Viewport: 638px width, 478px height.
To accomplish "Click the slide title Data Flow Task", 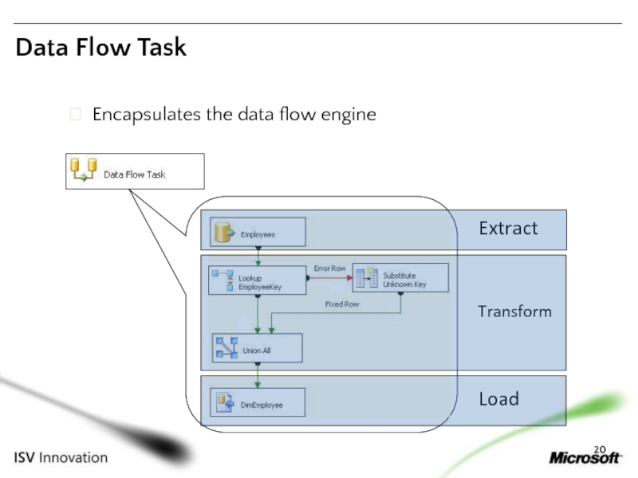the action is click(101, 47).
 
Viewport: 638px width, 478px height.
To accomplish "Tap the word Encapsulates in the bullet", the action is click(147, 115).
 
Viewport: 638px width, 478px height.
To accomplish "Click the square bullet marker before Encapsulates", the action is click(75, 114).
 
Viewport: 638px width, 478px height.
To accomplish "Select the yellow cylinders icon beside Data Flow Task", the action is click(84, 170).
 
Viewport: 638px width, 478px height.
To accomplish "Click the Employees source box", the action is click(258, 232).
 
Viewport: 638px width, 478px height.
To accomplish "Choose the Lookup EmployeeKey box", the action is click(258, 280).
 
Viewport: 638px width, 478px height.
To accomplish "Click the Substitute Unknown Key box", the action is click(401, 277).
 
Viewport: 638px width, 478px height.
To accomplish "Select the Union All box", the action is click(258, 348).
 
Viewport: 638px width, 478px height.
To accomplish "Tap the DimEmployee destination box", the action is click(258, 402).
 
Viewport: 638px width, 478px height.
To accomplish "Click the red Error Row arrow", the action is click(330, 277).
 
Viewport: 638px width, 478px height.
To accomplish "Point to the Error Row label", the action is click(329, 268).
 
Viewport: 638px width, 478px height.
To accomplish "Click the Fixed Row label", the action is click(342, 304).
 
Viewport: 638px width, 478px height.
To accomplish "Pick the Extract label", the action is click(508, 229).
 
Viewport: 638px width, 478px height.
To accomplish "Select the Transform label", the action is click(514, 311).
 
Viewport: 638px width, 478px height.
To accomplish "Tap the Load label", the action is click(499, 399).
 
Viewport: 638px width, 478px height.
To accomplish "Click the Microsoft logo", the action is click(585, 457).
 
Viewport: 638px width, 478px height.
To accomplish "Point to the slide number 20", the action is click(600, 449).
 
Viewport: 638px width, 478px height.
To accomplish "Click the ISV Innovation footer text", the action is click(61, 457).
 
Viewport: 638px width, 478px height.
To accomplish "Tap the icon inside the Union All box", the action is click(227, 347).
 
